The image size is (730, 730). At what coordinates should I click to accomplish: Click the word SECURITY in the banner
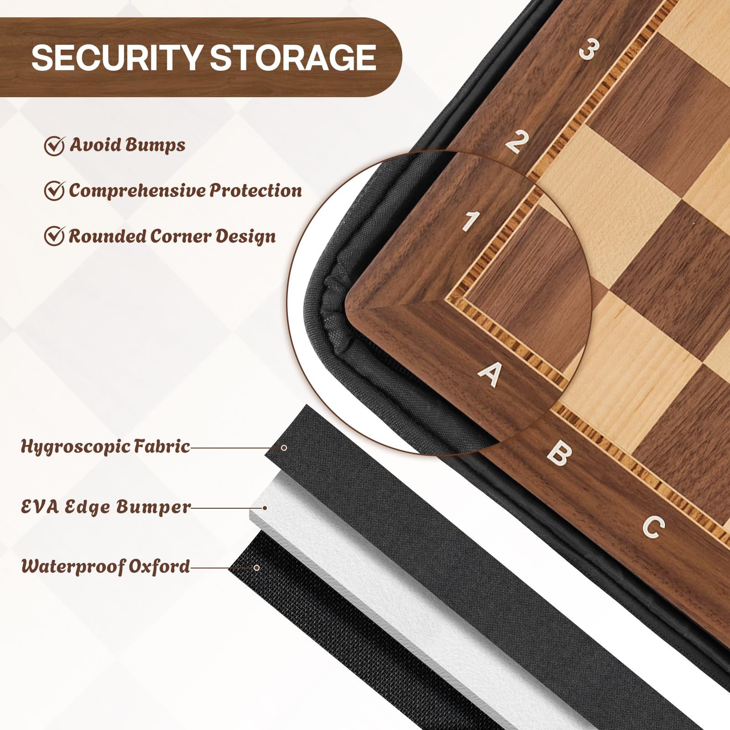117,58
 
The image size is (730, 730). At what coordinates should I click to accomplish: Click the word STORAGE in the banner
293,58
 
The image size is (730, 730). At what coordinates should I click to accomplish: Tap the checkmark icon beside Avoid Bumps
54,146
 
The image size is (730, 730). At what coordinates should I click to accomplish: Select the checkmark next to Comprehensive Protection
54,190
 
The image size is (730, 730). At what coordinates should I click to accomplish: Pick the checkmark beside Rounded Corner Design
54,236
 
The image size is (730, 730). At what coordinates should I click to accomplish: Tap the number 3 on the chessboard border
589,49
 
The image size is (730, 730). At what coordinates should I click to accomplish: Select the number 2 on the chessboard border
517,141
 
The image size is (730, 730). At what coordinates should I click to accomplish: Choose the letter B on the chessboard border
559,453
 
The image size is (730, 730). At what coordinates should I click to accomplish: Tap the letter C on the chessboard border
653,527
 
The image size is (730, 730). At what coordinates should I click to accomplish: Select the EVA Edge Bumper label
106,507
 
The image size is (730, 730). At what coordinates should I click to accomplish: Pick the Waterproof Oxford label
105,566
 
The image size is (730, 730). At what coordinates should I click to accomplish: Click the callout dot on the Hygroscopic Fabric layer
284,448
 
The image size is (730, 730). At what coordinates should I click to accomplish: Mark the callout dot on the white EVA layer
265,507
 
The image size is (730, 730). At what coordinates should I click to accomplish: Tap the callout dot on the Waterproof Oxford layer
256,568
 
